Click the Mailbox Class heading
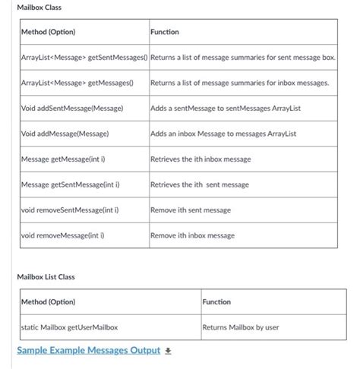pos(39,8)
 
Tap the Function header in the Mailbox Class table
pos(165,33)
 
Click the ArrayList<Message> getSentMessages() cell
pos(84,58)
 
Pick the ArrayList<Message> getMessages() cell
pos(77,83)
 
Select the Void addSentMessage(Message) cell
pos(71,109)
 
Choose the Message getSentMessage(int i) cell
pos(70,184)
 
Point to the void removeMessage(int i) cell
pos(62,235)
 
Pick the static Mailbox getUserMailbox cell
pos(70,328)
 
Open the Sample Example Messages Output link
pos(88,350)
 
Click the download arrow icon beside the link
pos(169,351)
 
